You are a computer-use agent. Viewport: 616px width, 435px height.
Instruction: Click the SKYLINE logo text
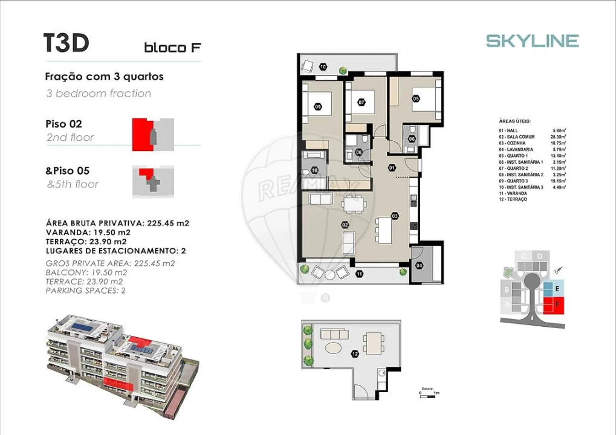(532, 40)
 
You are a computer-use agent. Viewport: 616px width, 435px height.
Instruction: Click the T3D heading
(66, 43)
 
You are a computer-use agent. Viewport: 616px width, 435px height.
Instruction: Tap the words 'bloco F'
(172, 48)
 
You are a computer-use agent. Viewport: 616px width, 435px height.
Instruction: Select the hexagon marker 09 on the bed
(318, 107)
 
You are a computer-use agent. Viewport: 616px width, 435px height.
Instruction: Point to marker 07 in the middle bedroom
(361, 103)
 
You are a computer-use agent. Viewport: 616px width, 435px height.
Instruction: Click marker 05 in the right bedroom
(416, 98)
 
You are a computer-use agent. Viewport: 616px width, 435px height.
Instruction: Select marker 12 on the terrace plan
(355, 353)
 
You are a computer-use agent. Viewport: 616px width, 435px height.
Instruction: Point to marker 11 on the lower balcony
(359, 274)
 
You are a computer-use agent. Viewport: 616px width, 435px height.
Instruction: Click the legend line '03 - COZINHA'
(512, 143)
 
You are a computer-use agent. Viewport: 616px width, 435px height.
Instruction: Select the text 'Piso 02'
(63, 124)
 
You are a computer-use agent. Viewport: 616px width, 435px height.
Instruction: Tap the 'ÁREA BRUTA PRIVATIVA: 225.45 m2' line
(117, 223)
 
